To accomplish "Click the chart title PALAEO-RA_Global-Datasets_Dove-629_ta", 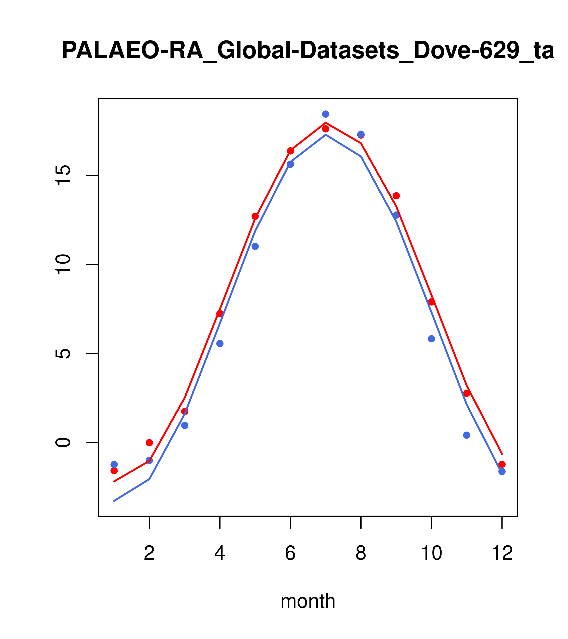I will [x=308, y=51].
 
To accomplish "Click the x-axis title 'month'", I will [x=308, y=601].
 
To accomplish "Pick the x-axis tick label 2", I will [x=150, y=553].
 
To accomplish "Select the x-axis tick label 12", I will [x=502, y=553].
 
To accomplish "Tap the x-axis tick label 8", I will [x=361, y=553].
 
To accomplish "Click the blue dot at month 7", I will [x=325, y=114].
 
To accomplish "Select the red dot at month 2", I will [x=150, y=442].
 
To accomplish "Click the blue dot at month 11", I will [x=467, y=435].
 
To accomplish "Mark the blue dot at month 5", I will [x=255, y=246].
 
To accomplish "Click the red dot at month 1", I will [x=114, y=470].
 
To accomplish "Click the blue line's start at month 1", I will [x=114, y=501].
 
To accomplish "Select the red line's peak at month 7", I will [x=325, y=122].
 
